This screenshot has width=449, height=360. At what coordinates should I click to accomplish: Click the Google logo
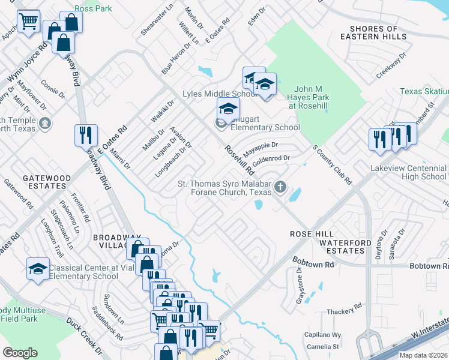pyautogui.click(x=20, y=353)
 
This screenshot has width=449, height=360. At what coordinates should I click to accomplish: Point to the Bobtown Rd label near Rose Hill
pyautogui.click(x=313, y=263)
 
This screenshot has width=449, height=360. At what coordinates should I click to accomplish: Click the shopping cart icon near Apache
pyautogui.click(x=29, y=22)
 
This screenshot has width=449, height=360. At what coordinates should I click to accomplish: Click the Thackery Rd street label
pyautogui.click(x=344, y=311)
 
